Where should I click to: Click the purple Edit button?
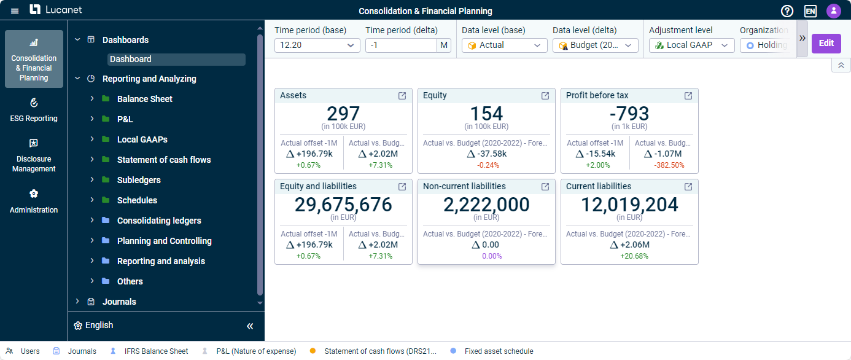pos(826,43)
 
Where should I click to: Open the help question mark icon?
pos(787,11)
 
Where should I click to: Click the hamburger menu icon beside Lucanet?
pos(15,11)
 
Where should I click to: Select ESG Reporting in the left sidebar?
pos(34,110)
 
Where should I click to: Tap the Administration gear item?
pos(34,202)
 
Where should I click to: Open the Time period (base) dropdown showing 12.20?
pos(317,45)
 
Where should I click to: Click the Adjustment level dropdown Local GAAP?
pos(691,45)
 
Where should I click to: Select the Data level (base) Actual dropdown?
pos(504,45)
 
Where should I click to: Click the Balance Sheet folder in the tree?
pos(144,99)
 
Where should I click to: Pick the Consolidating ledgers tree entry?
pos(159,221)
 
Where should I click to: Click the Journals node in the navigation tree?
pos(119,302)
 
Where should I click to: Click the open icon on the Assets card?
pos(402,96)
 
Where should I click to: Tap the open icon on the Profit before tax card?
pos(688,96)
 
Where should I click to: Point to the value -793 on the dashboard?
pos(629,114)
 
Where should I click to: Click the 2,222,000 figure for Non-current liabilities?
pos(486,205)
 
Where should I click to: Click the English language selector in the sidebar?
pos(99,326)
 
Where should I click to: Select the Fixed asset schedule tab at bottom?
pos(498,351)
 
